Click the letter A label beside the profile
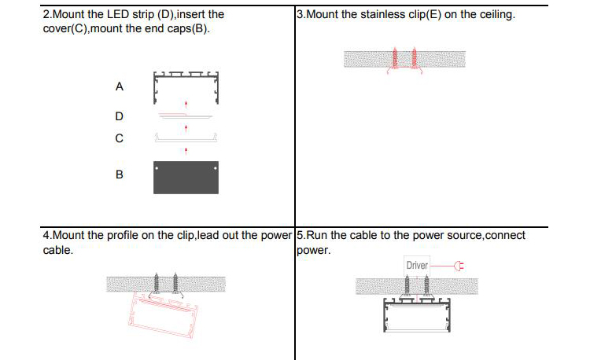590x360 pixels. (119, 87)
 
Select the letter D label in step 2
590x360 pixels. (119, 116)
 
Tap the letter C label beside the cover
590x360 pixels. (119, 138)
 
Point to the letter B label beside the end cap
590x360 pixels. (119, 174)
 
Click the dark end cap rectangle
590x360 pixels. (186, 177)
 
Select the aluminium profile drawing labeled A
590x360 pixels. (186, 86)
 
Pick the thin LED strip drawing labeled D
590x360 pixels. (186, 115)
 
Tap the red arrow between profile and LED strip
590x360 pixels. (186, 103)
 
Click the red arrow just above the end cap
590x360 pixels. (186, 149)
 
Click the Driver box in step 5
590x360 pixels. (417, 265)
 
